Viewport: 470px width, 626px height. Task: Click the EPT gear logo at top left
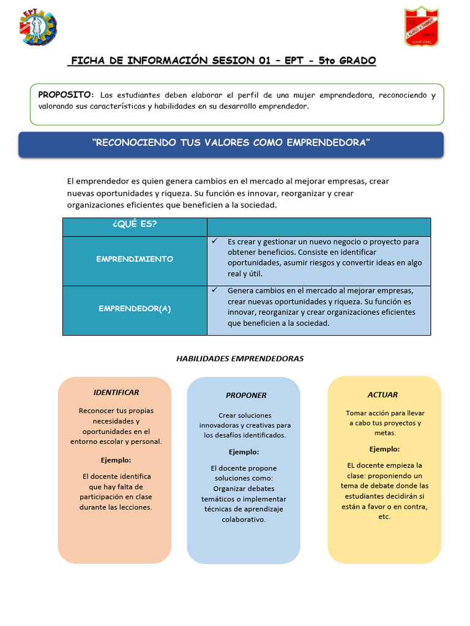[39, 27]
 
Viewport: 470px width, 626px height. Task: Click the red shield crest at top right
[421, 27]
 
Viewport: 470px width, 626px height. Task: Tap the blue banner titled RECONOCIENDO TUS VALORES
[231, 143]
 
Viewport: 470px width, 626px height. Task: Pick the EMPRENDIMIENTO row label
[135, 259]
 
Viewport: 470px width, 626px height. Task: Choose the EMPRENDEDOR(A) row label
[135, 309]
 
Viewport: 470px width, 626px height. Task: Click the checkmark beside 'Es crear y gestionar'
[215, 241]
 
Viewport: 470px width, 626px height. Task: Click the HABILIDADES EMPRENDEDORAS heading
[240, 359]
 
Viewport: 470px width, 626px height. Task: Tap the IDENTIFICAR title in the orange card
[116, 392]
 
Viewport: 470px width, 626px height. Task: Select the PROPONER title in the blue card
[246, 396]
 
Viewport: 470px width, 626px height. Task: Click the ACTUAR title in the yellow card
[382, 395]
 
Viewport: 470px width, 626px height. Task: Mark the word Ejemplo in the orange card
[116, 460]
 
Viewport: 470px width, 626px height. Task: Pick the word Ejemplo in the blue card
[244, 452]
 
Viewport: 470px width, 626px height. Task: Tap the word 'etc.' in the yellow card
[384, 517]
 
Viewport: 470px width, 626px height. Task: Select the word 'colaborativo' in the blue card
[244, 520]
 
